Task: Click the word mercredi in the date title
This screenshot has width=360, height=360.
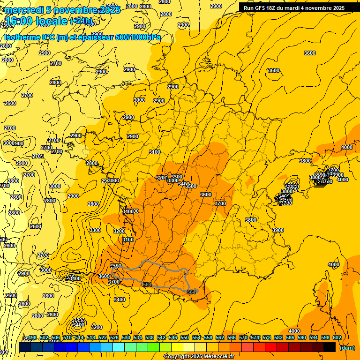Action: click(x=23, y=10)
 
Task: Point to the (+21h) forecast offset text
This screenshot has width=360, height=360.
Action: click(x=81, y=21)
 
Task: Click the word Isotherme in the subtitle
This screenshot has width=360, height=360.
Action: click(x=22, y=37)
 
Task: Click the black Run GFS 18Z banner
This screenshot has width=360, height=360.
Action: click(x=294, y=7)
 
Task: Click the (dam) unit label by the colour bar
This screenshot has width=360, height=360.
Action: click(x=347, y=348)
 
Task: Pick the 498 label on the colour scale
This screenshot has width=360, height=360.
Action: click(x=32, y=338)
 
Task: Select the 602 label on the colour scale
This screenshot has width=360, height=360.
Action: click(x=337, y=338)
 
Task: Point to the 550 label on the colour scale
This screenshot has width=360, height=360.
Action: click(x=184, y=338)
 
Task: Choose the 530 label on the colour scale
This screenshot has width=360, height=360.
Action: click(x=126, y=338)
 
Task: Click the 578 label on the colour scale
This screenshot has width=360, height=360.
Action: click(x=266, y=338)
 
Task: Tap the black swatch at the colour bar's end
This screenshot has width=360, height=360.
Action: click(x=330, y=347)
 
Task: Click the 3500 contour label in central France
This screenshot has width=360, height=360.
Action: click(x=191, y=186)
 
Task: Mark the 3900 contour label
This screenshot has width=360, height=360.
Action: click(x=278, y=230)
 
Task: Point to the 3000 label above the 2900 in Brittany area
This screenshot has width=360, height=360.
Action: click(x=139, y=100)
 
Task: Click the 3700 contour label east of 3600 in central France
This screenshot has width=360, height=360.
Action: click(x=220, y=203)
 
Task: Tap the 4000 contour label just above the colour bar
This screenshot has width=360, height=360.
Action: click(x=294, y=331)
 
